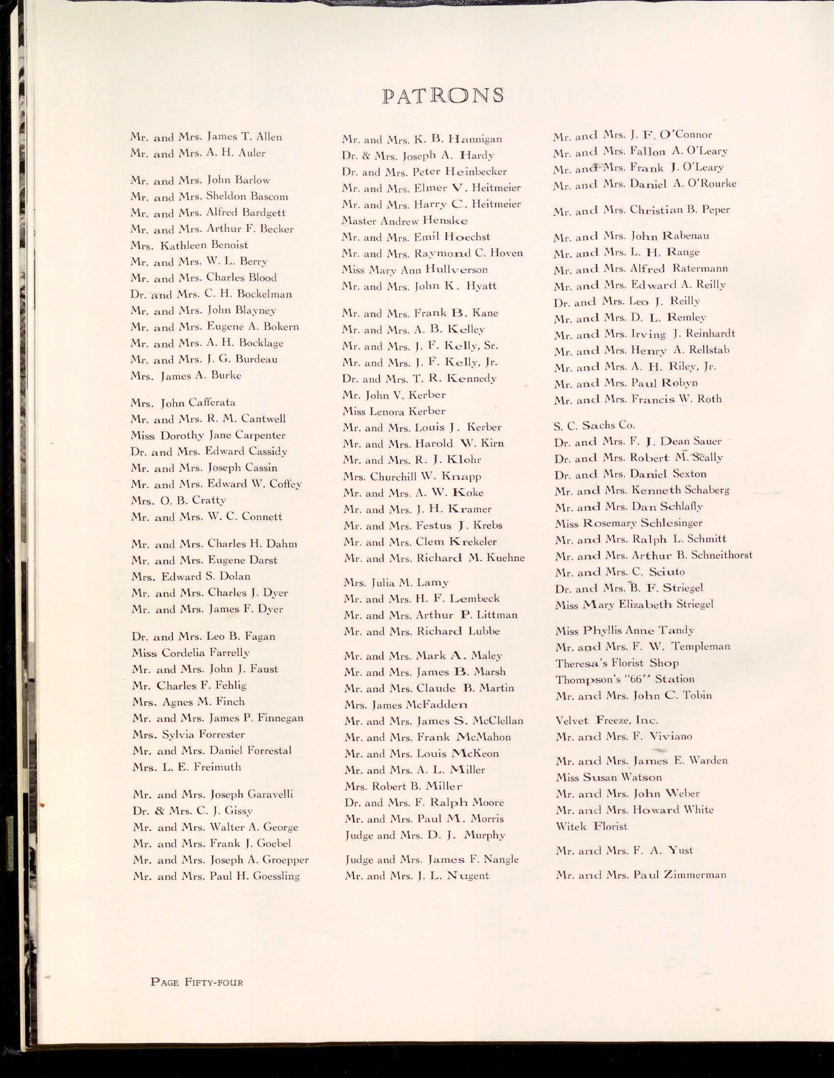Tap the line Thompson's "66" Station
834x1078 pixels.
click(625, 679)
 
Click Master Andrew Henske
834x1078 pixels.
click(405, 221)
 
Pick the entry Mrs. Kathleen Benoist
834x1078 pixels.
click(189, 245)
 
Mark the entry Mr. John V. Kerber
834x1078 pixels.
click(394, 395)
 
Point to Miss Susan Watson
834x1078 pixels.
click(608, 778)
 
